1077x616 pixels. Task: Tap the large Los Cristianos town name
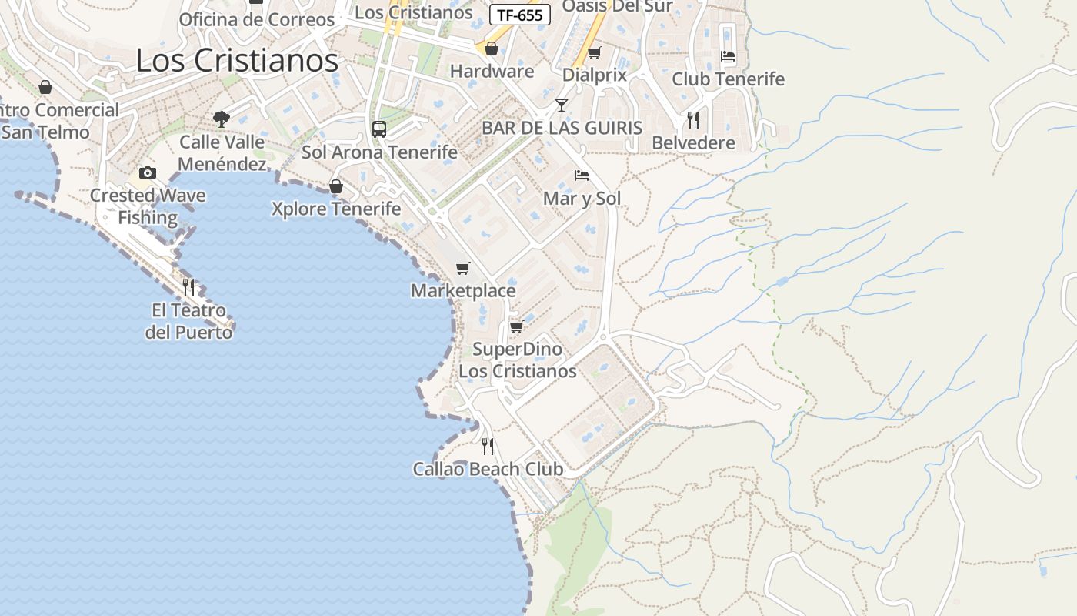tap(237, 60)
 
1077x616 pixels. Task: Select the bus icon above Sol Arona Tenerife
tap(379, 129)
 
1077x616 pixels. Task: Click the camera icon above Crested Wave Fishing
tap(148, 172)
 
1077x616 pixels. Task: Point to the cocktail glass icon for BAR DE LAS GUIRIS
tap(562, 105)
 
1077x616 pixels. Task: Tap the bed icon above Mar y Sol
tap(582, 176)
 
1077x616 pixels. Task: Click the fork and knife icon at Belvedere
tap(693, 119)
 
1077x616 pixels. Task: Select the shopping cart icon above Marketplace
tap(462, 268)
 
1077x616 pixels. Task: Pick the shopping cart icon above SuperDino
tap(517, 326)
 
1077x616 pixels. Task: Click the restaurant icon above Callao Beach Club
tap(488, 446)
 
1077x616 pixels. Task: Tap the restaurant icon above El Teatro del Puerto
tap(188, 287)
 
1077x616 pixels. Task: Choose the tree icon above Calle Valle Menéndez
tap(222, 119)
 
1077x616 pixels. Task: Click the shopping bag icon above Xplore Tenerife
tap(335, 186)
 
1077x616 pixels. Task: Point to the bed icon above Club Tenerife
tap(728, 56)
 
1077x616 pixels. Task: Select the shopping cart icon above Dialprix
tap(594, 53)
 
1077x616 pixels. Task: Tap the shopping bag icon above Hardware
tap(492, 49)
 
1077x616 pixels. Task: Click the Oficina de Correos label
tap(257, 19)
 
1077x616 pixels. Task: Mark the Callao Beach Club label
tap(488, 469)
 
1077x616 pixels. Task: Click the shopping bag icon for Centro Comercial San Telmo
tap(45, 87)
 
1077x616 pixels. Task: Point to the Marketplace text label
tap(463, 290)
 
